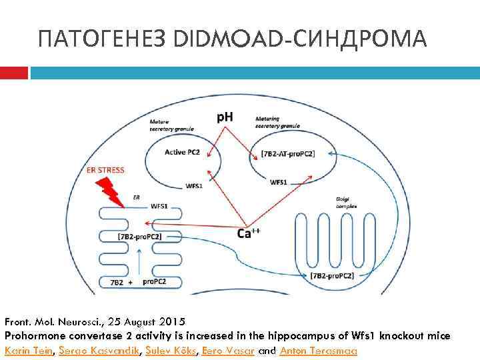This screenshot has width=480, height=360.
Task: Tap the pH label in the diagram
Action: click(x=225, y=117)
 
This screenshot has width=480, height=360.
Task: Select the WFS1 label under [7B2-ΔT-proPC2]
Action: click(x=279, y=181)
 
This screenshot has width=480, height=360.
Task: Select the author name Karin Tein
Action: click(x=28, y=350)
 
